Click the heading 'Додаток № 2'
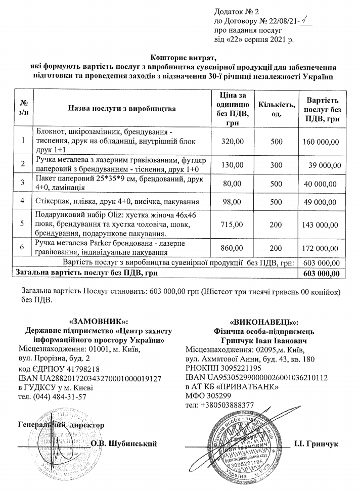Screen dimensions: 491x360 pos(235,11)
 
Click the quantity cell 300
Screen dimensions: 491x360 pos(276,165)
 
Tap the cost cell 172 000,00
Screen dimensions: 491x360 pos(321,248)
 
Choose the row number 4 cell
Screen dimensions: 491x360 pos(22,201)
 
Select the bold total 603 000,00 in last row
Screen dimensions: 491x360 pos(321,274)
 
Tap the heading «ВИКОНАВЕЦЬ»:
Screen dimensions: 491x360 pos(264,322)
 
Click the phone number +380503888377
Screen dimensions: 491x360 pos(219,406)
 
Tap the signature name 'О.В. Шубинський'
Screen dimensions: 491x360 pos(123,443)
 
